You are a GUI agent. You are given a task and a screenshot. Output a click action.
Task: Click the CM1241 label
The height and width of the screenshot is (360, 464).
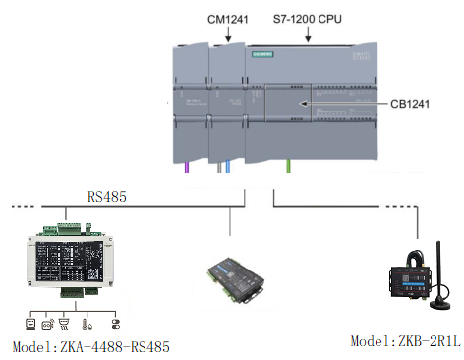pyautogui.click(x=229, y=17)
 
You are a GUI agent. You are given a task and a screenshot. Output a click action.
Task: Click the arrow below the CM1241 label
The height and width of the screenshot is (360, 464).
pyautogui.click(x=229, y=35)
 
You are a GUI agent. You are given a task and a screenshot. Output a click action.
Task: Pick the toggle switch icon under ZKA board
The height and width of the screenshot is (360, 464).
pyautogui.click(x=114, y=322)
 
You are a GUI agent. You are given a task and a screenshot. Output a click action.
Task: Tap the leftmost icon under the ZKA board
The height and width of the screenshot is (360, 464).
pyautogui.click(x=31, y=322)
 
